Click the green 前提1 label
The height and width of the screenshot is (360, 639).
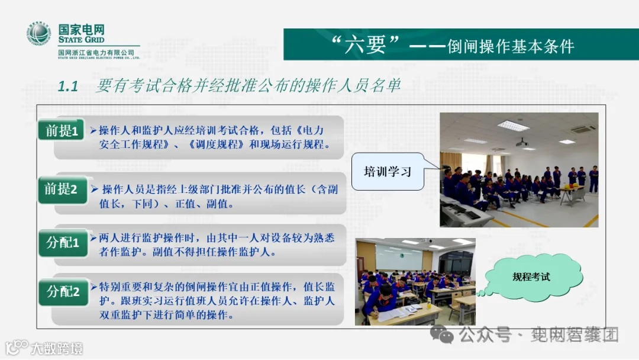point(62,131)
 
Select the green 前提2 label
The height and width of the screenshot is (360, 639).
point(62,189)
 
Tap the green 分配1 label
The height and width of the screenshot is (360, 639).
point(63,242)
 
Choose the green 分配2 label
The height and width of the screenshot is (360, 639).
point(63,291)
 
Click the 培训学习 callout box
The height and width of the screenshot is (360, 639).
point(388,172)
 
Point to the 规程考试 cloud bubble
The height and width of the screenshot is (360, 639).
point(531,277)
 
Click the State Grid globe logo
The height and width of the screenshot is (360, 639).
point(39,34)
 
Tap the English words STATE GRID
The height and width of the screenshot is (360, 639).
point(81,40)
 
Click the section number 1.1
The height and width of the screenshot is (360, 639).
point(68,86)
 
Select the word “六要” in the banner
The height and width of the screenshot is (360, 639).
point(367,45)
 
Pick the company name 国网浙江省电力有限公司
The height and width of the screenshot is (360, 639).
point(95,53)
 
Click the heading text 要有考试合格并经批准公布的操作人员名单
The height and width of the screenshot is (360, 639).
point(248,86)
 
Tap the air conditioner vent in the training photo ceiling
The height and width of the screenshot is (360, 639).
point(580,128)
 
